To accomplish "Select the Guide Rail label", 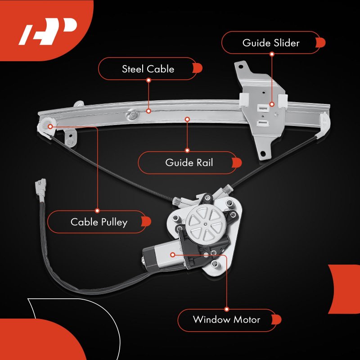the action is (x=189, y=162).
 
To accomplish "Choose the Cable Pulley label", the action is (x=99, y=222).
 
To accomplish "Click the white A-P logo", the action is (x=48, y=31).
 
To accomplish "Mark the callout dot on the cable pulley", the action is (x=50, y=126).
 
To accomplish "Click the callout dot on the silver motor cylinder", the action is (x=173, y=255).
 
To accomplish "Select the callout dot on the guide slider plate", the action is (x=272, y=104).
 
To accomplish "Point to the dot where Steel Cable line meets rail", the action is (x=148, y=111).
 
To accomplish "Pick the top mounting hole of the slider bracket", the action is (x=241, y=67).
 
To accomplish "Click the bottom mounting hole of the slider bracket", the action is (x=263, y=153).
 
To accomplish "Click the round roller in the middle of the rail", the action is (x=132, y=116).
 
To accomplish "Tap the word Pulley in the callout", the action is (x=114, y=222).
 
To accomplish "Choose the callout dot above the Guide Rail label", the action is (x=187, y=119).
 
